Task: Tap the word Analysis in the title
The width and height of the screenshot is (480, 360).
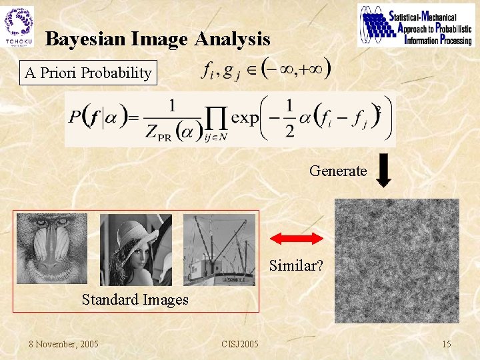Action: [x=233, y=39]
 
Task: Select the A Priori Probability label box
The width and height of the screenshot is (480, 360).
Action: [x=88, y=73]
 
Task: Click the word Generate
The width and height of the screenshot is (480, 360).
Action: [x=338, y=171]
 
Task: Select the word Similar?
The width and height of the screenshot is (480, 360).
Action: [x=297, y=265]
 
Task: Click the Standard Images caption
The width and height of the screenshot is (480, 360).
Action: [x=135, y=299]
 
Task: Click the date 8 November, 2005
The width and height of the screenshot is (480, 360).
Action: [x=64, y=344]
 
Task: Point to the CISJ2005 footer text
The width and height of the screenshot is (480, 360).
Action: [x=240, y=344]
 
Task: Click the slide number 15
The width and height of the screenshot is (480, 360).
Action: [x=447, y=344]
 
